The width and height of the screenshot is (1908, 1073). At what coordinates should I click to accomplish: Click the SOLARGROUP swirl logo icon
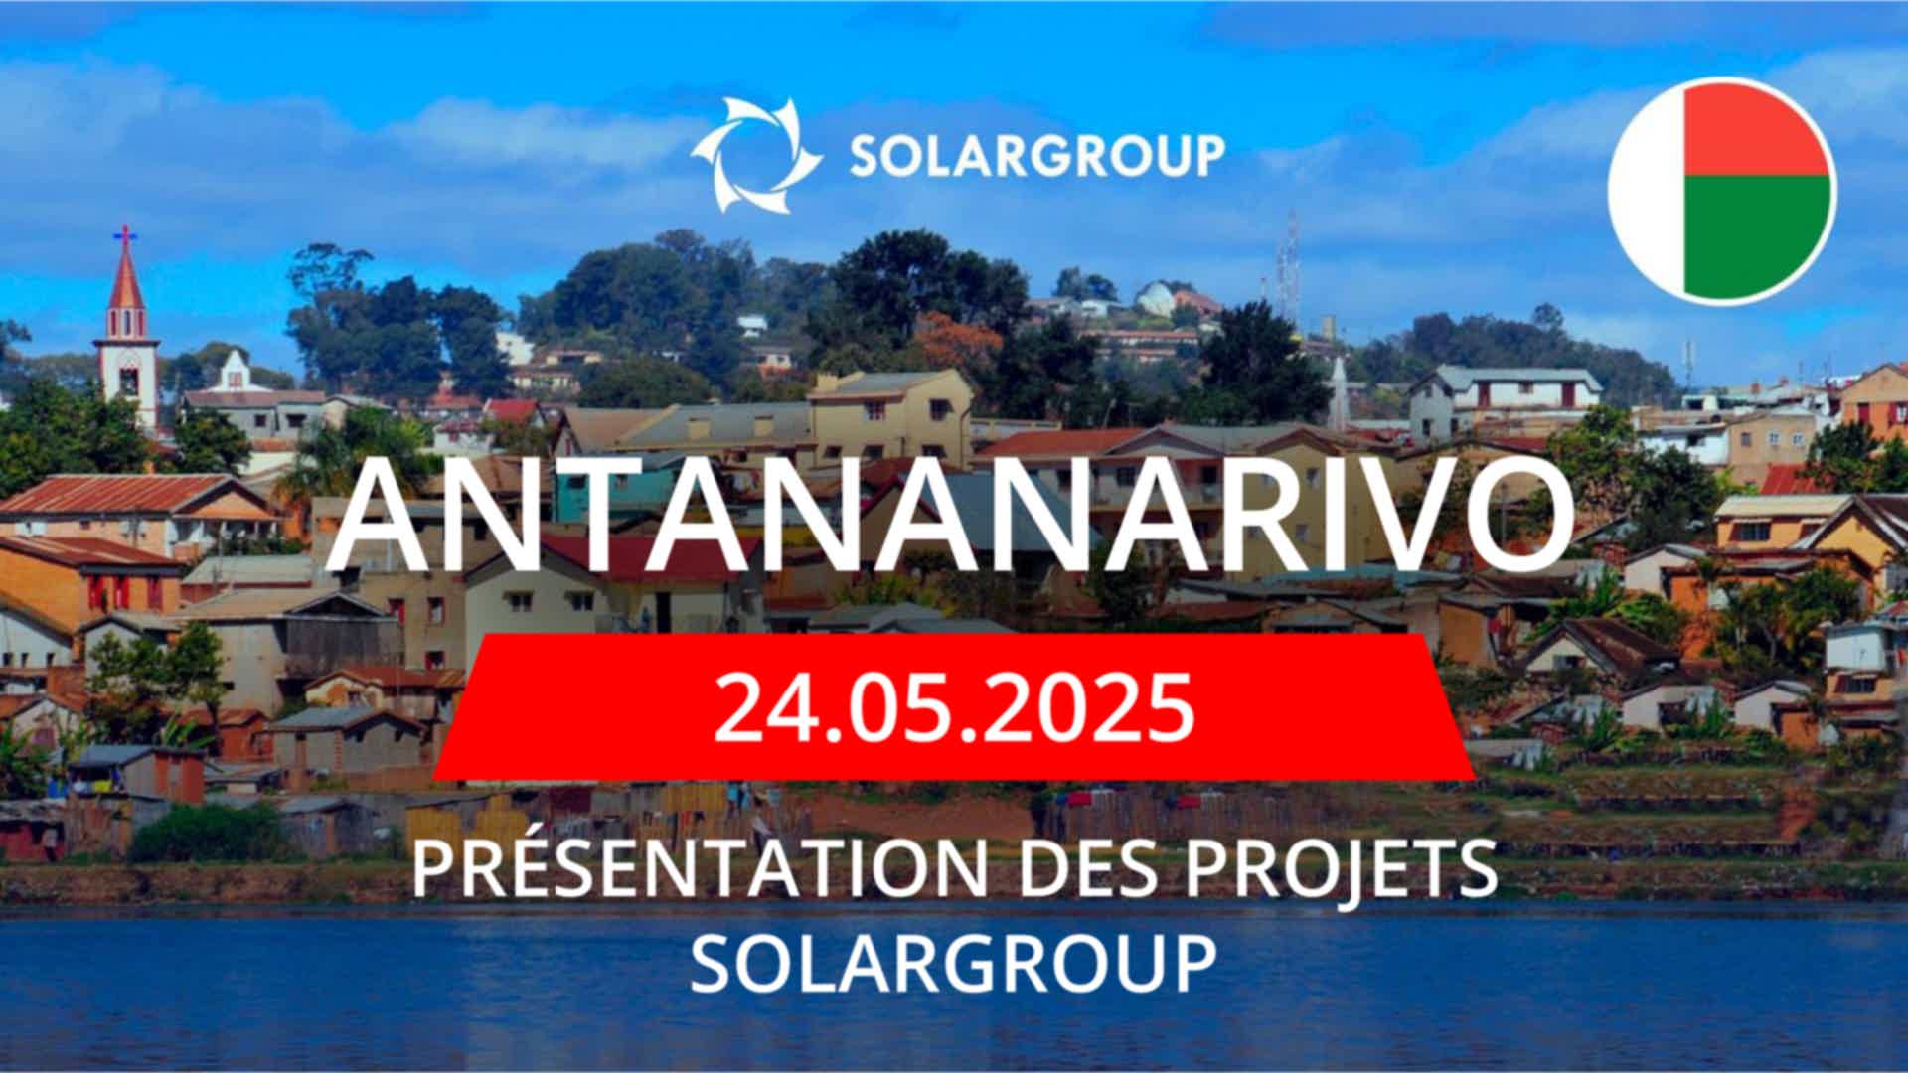(756, 155)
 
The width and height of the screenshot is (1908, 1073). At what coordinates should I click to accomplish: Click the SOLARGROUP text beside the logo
(1037, 156)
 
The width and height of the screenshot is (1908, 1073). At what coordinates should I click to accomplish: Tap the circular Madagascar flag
(1722, 191)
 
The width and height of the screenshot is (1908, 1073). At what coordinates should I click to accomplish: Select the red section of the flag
(1758, 129)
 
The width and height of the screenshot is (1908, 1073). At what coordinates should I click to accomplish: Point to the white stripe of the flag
(1648, 191)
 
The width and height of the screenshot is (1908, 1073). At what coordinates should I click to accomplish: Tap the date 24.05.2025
(954, 707)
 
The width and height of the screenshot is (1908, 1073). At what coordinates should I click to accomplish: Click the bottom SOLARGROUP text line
(954, 961)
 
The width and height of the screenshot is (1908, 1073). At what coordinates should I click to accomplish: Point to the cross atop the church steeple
(124, 235)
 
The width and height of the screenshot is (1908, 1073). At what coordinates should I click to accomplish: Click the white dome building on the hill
(1155, 296)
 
